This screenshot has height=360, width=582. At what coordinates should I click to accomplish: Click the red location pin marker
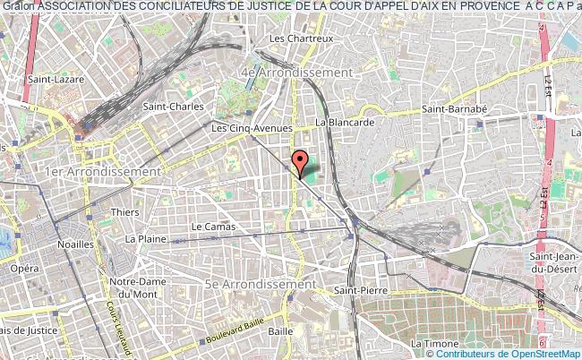302,163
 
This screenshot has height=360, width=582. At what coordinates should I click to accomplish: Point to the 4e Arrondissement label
296,71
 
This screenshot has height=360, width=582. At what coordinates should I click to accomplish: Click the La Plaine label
141,239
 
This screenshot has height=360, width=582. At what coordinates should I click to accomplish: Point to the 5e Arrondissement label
261,284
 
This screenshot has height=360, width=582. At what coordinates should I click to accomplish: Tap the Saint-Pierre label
355,291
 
